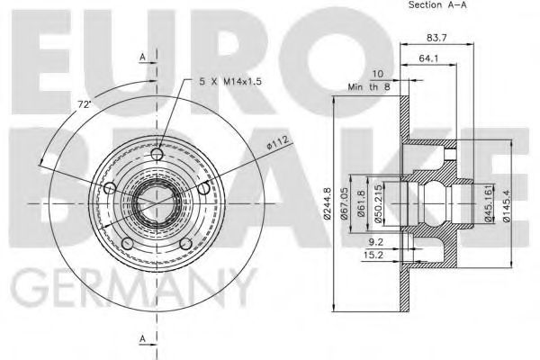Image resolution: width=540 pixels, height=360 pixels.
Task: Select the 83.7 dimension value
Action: point(437,37)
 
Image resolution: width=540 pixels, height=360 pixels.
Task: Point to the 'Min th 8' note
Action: point(369,88)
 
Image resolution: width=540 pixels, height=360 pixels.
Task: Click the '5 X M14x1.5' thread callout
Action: point(231,81)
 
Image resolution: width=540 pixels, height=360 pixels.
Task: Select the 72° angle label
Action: point(84,104)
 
